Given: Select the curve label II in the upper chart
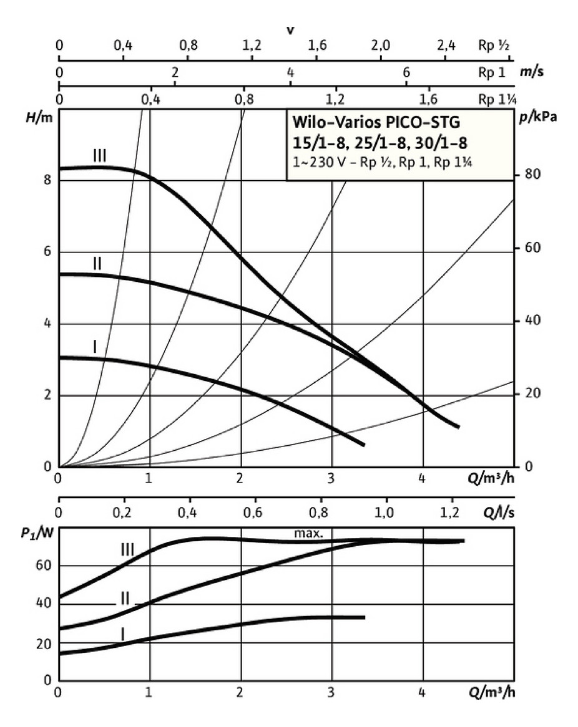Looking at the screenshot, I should [x=97, y=263].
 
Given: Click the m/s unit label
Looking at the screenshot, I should [x=531, y=72].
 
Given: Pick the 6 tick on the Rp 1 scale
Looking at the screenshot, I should [x=406, y=72].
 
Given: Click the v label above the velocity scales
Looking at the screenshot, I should [x=290, y=29].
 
